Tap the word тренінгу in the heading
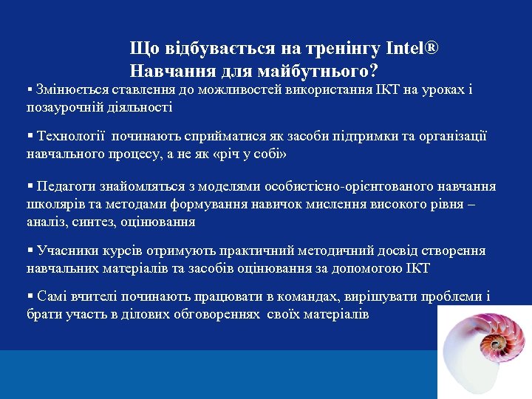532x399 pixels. (x=335, y=50)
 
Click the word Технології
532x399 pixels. (x=74, y=137)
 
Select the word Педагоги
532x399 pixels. (x=67, y=186)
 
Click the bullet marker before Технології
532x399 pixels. (x=30, y=137)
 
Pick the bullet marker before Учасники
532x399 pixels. (x=30, y=251)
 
